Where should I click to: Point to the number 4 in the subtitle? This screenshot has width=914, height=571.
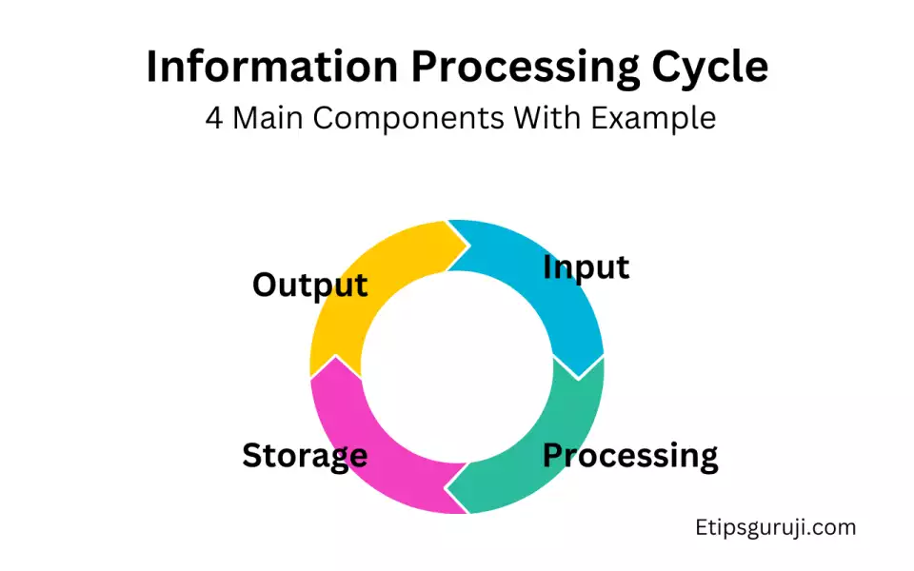[214, 118]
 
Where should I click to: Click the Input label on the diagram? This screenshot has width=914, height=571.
[586, 267]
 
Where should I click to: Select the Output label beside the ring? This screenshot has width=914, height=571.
[310, 284]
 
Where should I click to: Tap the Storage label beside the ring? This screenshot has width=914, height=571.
[305, 455]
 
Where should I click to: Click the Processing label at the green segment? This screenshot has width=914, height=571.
[630, 455]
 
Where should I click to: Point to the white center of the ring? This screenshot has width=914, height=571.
[457, 366]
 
